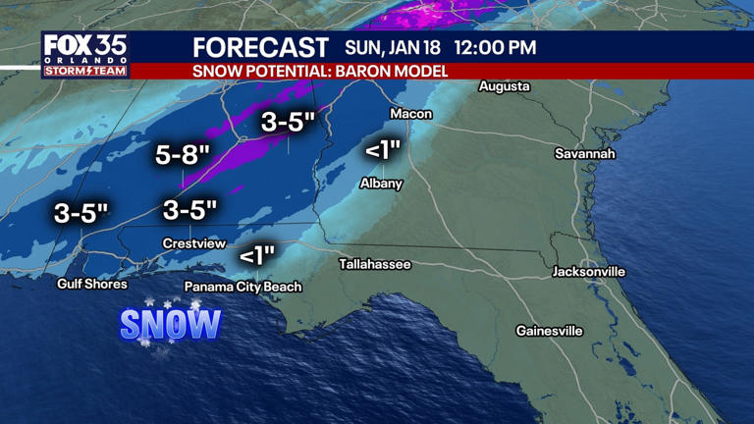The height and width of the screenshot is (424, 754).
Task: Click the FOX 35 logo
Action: (x=84, y=54)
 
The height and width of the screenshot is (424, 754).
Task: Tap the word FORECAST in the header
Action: (x=260, y=47)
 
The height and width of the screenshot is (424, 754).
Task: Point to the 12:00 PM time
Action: (x=497, y=47)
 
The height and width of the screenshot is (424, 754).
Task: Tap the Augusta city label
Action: (x=504, y=86)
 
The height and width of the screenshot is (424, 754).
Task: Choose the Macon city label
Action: (x=410, y=114)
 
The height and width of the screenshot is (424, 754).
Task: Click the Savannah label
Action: (x=584, y=154)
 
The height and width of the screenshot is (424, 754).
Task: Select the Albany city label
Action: (x=381, y=184)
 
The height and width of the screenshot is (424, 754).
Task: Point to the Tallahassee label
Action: (x=375, y=264)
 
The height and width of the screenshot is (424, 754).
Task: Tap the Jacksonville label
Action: (x=589, y=271)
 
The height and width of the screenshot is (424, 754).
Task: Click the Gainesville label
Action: (x=549, y=331)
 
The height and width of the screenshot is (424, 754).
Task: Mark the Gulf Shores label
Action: (x=92, y=284)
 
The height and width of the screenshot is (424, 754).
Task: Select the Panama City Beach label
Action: (x=243, y=287)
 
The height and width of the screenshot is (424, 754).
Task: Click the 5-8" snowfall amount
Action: (x=184, y=154)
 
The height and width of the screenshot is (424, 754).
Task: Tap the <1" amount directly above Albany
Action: (x=383, y=150)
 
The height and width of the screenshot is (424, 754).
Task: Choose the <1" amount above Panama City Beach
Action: (x=256, y=255)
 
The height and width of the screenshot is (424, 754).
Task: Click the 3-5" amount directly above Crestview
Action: (x=189, y=209)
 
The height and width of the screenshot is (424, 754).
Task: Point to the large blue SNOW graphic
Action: (x=171, y=324)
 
